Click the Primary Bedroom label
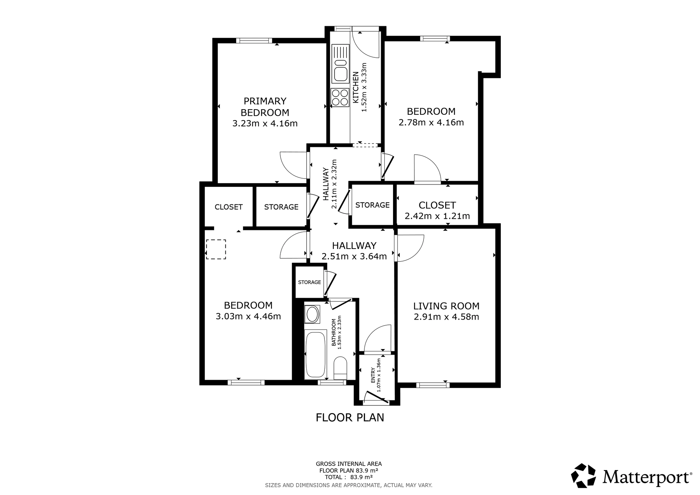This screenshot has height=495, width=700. (x=265, y=107)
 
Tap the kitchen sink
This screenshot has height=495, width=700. (x=341, y=64)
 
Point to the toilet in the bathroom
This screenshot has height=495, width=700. (x=340, y=368)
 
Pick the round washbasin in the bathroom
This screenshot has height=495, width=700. (x=312, y=314)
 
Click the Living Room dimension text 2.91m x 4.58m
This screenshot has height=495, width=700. (x=446, y=317)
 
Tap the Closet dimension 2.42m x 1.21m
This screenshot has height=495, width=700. (x=437, y=216)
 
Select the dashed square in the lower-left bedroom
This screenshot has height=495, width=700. (x=216, y=249)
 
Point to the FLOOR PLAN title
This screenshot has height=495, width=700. (x=350, y=418)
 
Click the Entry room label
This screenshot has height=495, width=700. (x=373, y=375)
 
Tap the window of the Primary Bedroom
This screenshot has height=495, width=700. (x=254, y=41)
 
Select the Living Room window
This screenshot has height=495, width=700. (x=433, y=385)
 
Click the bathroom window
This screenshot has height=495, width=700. (x=332, y=383)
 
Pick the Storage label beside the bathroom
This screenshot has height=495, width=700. (x=309, y=282)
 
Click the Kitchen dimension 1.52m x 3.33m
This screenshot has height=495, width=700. (x=364, y=87)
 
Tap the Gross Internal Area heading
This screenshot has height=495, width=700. (x=349, y=464)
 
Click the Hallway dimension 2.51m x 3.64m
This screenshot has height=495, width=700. (x=354, y=257)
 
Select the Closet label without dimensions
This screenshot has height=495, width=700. (x=229, y=207)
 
